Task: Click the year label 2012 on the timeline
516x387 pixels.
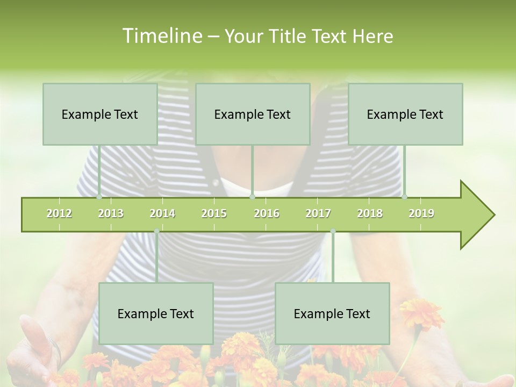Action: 59,213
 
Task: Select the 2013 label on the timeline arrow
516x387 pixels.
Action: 111,213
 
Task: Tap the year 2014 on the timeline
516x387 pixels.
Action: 162,213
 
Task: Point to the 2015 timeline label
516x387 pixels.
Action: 214,213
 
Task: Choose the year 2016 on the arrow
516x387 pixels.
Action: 267,213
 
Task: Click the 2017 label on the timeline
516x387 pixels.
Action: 318,213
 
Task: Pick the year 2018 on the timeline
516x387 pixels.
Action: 370,213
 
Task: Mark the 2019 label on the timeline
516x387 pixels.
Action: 421,213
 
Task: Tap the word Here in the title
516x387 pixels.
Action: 372,36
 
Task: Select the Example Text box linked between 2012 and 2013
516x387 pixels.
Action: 100,114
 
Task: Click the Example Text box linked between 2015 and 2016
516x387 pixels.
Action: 253,114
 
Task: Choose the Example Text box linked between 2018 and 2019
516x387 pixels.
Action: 405,114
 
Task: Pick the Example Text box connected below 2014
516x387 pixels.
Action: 156,313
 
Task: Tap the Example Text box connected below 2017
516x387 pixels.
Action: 332,313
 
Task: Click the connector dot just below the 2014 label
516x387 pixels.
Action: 156,231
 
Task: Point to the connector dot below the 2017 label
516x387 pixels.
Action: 333,231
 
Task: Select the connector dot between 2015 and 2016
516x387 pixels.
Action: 252,197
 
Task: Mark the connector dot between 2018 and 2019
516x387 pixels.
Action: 404,197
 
